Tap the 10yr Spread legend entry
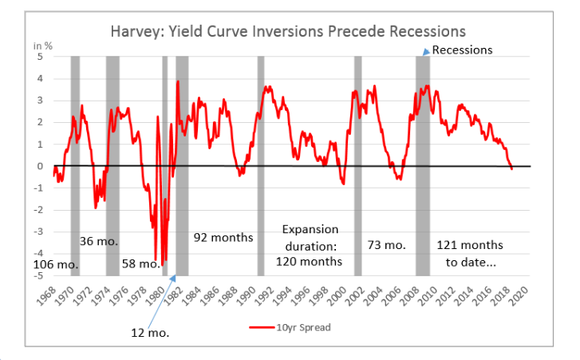(x=288, y=327)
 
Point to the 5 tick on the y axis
(x=38, y=56)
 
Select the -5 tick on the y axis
(x=37, y=276)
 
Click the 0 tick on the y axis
(x=38, y=166)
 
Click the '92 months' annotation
(x=223, y=238)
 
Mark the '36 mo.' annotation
(x=99, y=240)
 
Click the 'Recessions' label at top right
(x=463, y=49)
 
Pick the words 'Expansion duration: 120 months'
(x=309, y=244)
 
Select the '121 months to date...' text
(x=469, y=252)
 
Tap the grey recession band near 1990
(x=260, y=160)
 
